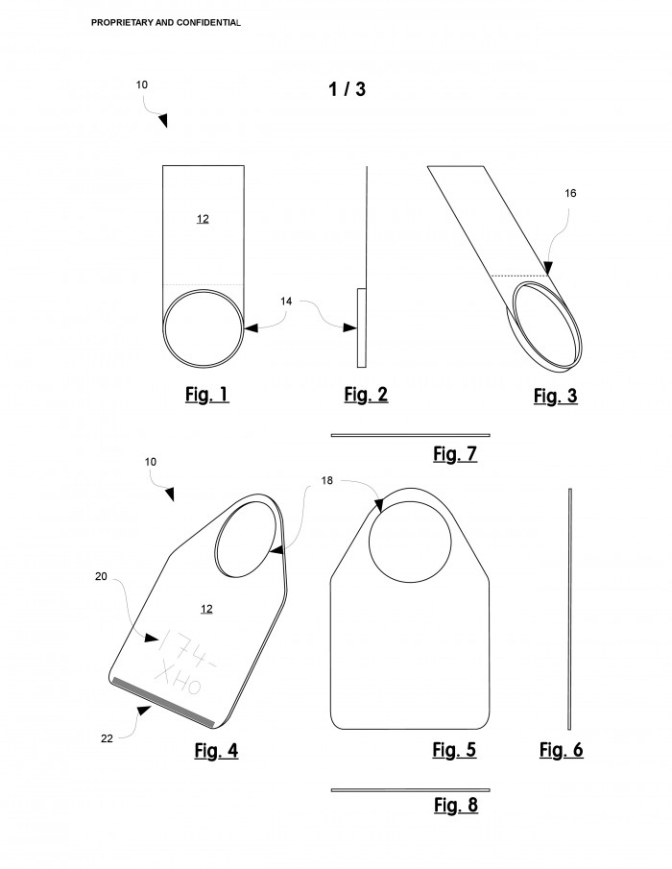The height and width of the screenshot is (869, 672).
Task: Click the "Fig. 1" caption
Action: point(206,395)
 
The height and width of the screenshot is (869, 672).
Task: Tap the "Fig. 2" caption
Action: point(366,395)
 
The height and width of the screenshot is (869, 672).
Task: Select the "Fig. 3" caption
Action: point(555,397)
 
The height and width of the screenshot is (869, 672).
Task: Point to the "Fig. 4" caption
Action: point(216,751)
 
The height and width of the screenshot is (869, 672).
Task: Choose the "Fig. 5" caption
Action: point(454,750)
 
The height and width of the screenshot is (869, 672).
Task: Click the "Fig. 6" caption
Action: point(562,750)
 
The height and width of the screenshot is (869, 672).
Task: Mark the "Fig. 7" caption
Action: point(455,454)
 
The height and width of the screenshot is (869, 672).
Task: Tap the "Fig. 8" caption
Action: point(455,805)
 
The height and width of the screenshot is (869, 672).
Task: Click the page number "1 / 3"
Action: point(347,89)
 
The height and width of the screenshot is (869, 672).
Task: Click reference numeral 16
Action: point(570,193)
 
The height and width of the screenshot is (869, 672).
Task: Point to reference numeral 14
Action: point(286,301)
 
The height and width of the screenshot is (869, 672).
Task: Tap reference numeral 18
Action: point(326,480)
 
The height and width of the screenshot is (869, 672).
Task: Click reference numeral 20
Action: point(101,576)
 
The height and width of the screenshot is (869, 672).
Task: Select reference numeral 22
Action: point(107,738)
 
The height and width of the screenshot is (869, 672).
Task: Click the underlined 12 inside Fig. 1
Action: point(203,219)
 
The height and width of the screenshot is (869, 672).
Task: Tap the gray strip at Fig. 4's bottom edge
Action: point(163,702)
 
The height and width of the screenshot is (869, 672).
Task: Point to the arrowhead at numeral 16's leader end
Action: point(548,269)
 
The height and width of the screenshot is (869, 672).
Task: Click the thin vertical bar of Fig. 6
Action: point(569,609)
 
